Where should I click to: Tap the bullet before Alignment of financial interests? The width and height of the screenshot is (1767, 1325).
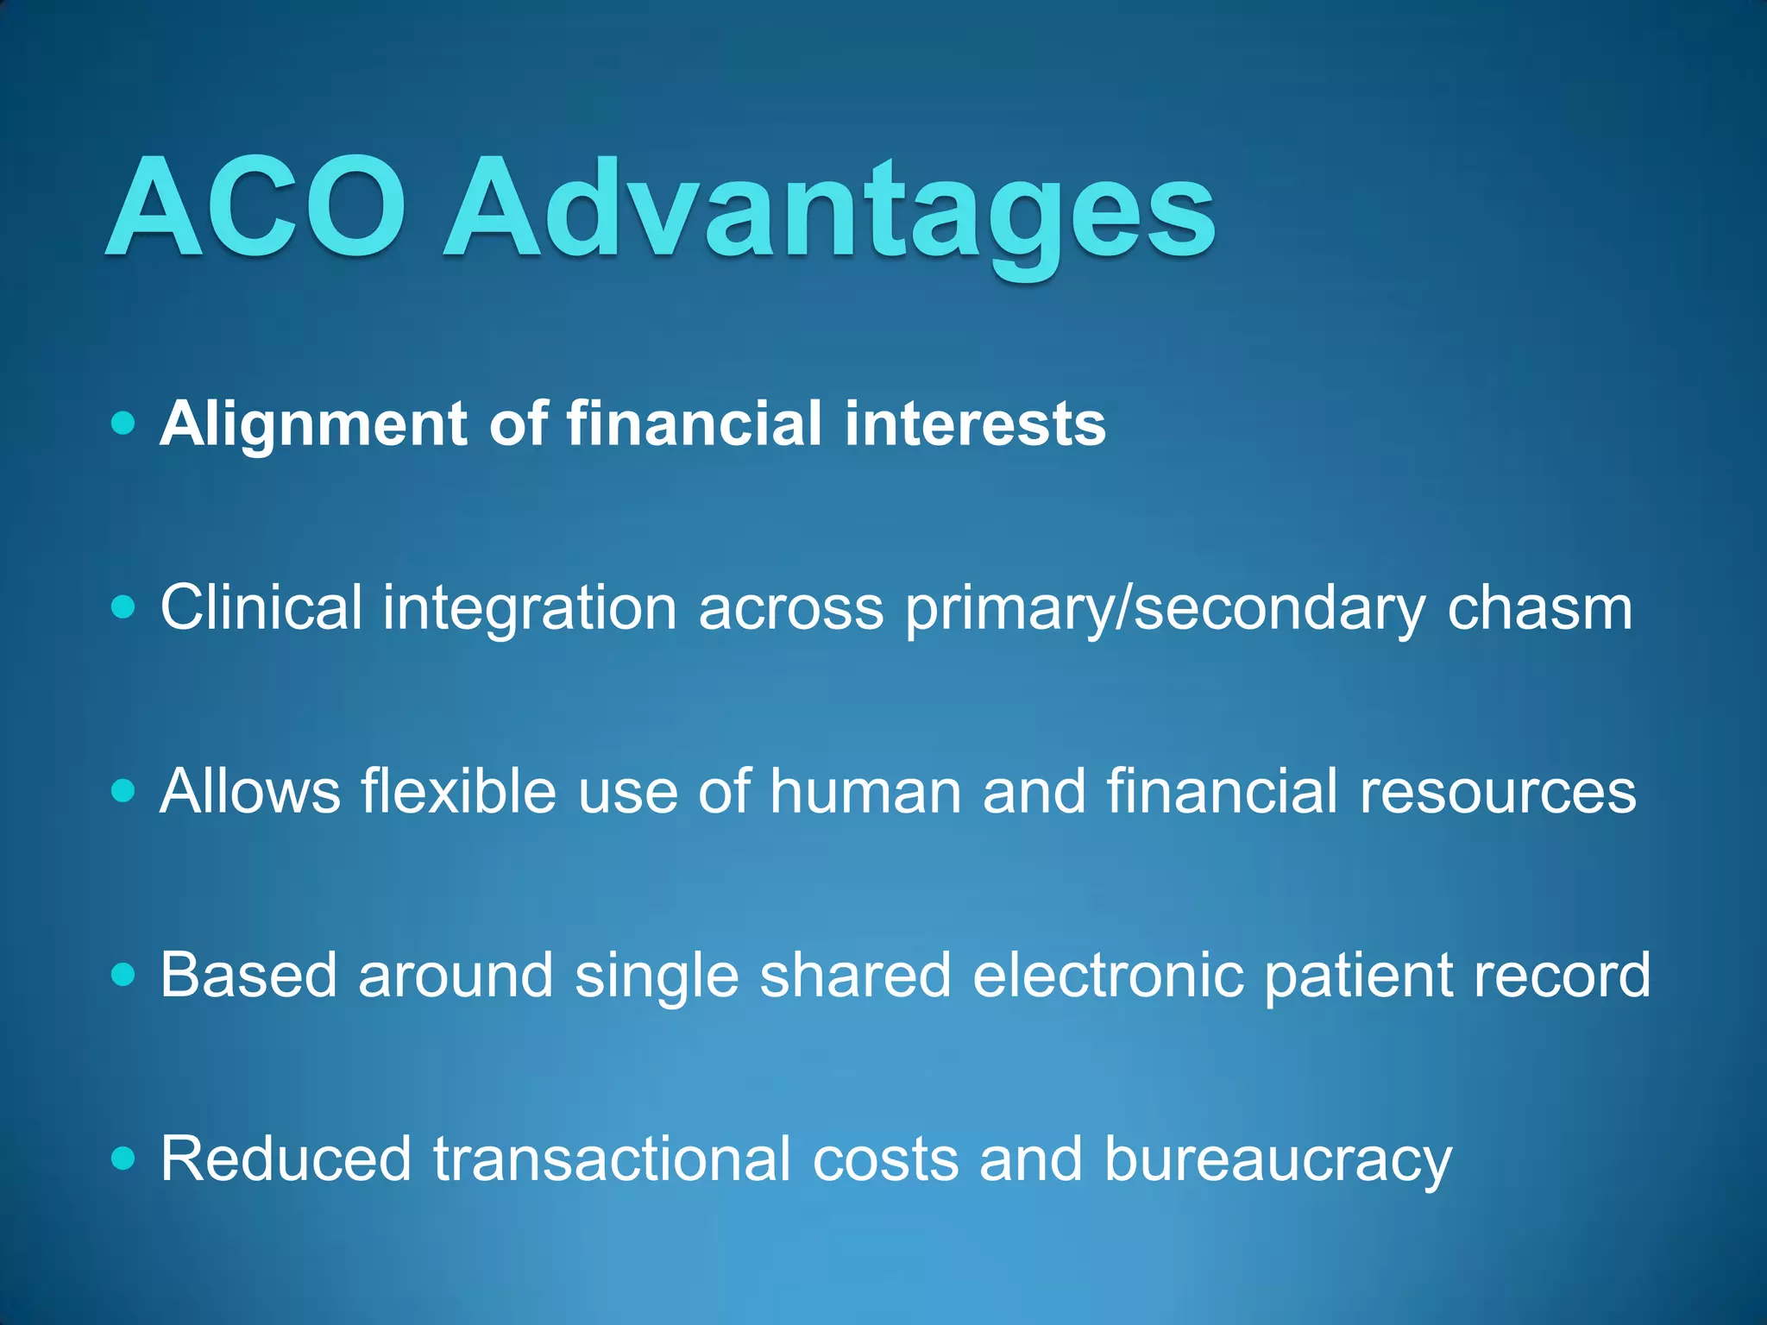pyautogui.click(x=124, y=424)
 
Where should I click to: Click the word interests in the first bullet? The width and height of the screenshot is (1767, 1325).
pyautogui.click(x=975, y=424)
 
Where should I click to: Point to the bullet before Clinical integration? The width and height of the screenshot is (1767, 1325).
pyautogui.click(x=124, y=607)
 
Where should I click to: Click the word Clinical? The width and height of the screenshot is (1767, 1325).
pyautogui.click(x=261, y=607)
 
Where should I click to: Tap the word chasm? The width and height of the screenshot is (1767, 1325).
pyautogui.click(x=1539, y=607)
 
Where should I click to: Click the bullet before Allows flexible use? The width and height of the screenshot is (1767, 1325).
pyautogui.click(x=124, y=791)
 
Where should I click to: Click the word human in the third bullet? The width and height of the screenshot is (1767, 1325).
pyautogui.click(x=865, y=791)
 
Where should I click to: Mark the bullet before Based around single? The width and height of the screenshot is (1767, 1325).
pyautogui.click(x=124, y=975)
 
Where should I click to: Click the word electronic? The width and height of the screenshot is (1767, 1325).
pyautogui.click(x=1108, y=975)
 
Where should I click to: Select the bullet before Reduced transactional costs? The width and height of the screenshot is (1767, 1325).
pyautogui.click(x=124, y=1159)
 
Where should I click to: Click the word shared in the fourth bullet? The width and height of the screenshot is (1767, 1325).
pyautogui.click(x=855, y=975)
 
